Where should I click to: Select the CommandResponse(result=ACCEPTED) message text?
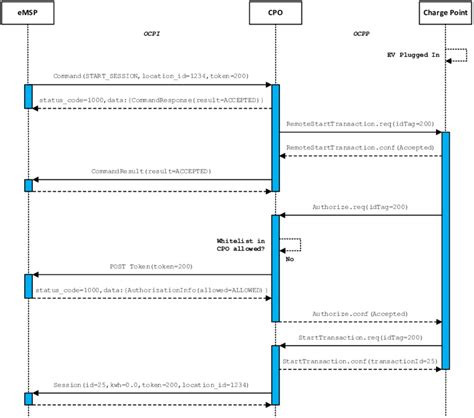[x=151, y=102]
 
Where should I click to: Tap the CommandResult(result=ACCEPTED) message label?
[x=151, y=173]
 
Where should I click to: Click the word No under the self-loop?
[x=290, y=257]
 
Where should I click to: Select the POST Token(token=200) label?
[x=150, y=268]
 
